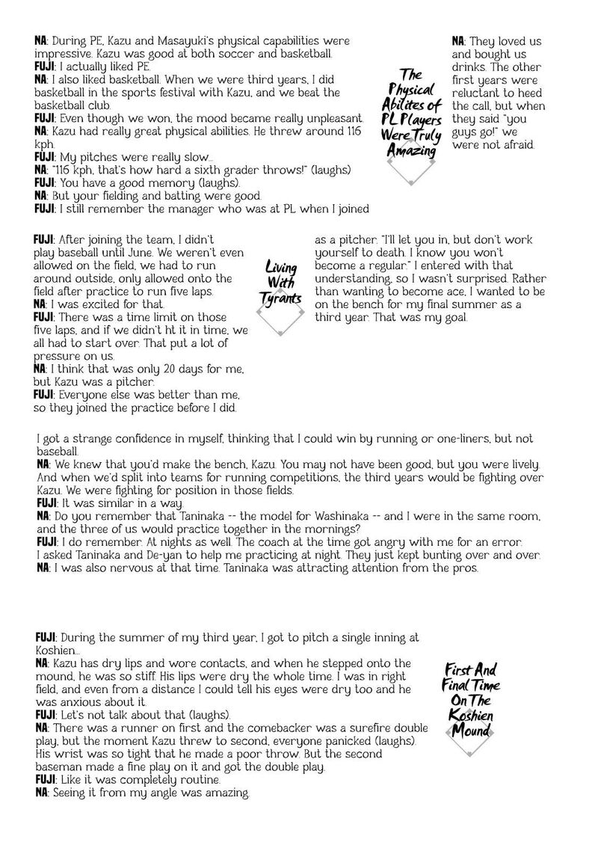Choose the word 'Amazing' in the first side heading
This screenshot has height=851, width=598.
pyautogui.click(x=410, y=152)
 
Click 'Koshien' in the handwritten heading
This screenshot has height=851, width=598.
pyautogui.click(x=471, y=716)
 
